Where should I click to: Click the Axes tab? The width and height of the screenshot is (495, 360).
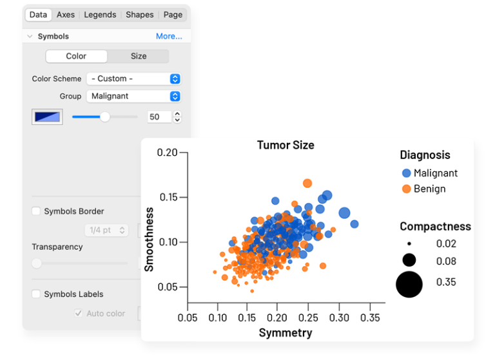pos(66,15)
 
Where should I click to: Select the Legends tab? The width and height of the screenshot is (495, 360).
pos(100,15)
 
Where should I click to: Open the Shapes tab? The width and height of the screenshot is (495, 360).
pos(139,15)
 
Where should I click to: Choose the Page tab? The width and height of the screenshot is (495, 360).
pos(173,15)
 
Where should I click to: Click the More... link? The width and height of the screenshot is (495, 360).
pos(169,36)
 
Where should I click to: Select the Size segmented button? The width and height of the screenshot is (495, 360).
pos(139,56)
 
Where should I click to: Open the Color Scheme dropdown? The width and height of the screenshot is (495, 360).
pos(133,79)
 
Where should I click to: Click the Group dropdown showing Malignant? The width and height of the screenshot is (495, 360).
pos(133,96)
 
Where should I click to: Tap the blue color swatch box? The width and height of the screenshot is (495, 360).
pos(47,117)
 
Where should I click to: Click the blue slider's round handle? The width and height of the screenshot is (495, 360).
pos(105,117)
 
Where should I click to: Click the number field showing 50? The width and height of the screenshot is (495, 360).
pos(159,117)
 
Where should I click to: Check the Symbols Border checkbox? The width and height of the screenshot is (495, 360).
pos(36,211)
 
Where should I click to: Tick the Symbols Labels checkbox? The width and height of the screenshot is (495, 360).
pos(36,294)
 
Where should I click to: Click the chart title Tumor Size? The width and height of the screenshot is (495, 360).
pos(286,145)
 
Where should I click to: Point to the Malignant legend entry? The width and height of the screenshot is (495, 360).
pos(430,173)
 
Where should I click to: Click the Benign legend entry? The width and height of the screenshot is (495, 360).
pos(423,189)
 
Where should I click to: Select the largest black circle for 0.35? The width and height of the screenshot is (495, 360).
pos(409,284)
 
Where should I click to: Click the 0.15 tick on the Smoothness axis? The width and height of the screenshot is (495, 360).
pos(169,197)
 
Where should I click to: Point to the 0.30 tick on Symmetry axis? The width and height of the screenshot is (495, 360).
pos(339,317)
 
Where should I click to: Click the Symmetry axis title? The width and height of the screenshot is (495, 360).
pos(286,333)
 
